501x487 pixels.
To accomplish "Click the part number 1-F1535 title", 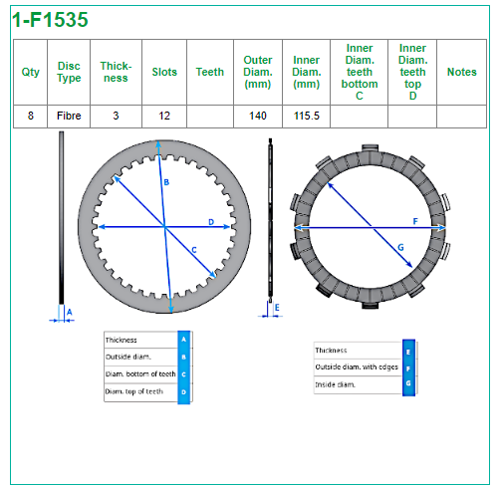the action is pos(50,19).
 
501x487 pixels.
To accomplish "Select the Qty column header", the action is pos(30,72).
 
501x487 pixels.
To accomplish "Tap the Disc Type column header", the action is pos(69,72).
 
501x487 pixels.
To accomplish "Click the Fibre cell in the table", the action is pos(69,116).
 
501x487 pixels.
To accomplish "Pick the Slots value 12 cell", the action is pos(164,116).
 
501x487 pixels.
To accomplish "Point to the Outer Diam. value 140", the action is pos(258,116).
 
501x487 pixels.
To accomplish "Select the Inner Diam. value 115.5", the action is pos(307,116).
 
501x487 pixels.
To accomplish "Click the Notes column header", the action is pos(462,72).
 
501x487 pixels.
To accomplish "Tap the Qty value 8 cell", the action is pos(31,116).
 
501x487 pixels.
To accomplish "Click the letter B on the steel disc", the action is pos(166,182).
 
